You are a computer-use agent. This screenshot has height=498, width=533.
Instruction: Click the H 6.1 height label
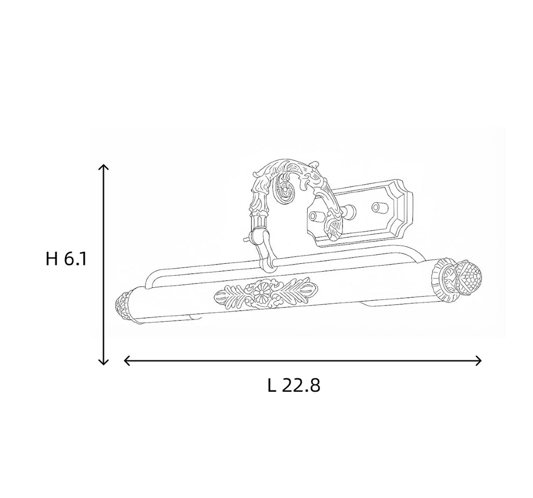pyautogui.click(x=66, y=259)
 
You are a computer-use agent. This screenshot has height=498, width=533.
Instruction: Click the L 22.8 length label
pyautogui.click(x=294, y=386)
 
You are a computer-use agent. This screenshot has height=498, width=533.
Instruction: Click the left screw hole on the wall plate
pyautogui.click(x=315, y=216)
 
